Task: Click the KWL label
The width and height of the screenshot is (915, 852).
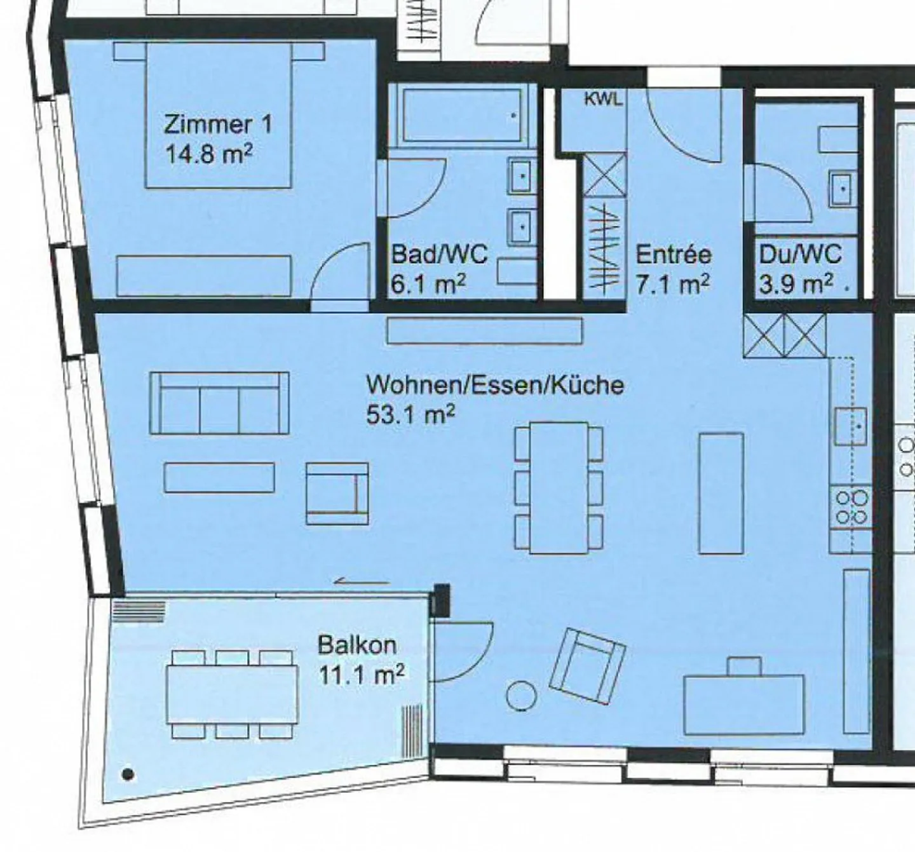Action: tap(602, 99)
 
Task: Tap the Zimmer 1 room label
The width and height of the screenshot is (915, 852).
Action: tap(218, 125)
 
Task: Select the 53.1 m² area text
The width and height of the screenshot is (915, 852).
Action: tap(410, 414)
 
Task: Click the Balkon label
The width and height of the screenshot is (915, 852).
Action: tap(357, 645)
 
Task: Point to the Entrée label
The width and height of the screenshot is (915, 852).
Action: tap(674, 254)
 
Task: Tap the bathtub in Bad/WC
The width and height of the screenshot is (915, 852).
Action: tap(462, 115)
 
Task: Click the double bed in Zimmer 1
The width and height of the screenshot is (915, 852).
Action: tap(219, 115)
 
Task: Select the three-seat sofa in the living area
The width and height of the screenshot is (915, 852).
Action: tap(220, 403)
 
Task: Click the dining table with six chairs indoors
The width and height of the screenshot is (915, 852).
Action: tap(559, 487)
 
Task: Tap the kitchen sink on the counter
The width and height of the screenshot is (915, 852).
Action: tap(850, 426)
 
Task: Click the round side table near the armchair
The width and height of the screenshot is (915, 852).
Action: tap(522, 696)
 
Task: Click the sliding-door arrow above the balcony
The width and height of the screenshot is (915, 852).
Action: tap(362, 581)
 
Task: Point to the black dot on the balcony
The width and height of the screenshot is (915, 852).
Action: tap(128, 774)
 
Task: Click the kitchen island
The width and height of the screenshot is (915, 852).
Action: tap(721, 493)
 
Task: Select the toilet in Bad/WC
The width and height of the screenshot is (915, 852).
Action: tap(517, 271)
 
